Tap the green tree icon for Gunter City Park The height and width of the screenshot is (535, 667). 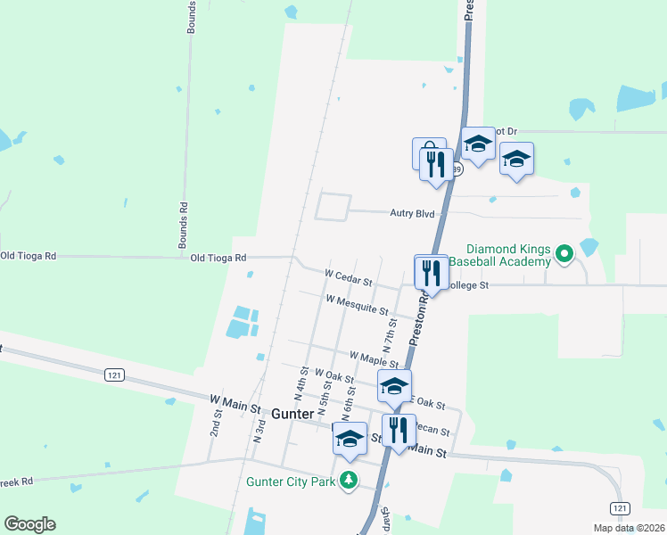point(350,481)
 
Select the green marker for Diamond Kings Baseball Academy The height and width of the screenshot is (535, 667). point(564,255)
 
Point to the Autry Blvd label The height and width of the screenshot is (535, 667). point(412,213)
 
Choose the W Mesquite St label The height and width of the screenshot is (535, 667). point(357,306)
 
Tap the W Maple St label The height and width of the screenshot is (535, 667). point(374,358)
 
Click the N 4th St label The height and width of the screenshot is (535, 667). point(301,383)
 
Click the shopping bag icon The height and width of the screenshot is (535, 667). point(427,152)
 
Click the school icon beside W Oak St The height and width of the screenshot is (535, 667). point(394,386)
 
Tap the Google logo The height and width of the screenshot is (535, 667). point(29,524)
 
